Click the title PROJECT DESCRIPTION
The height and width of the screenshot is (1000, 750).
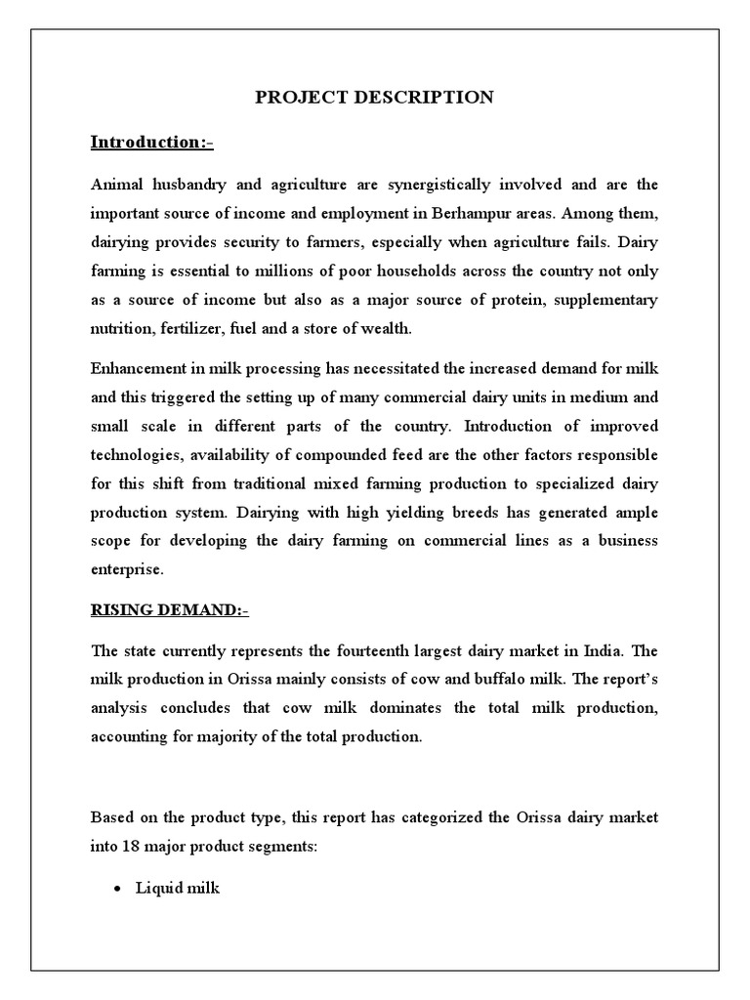[x=374, y=97]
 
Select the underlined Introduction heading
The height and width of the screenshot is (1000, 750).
[x=151, y=143]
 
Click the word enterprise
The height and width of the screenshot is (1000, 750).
[x=127, y=568]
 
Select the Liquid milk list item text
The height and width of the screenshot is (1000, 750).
[x=178, y=888]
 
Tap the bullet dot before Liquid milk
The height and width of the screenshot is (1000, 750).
[x=117, y=889]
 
